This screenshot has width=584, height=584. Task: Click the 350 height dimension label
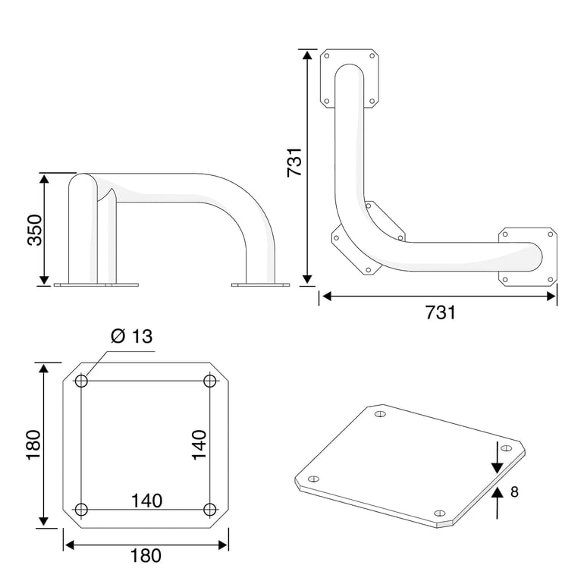click(x=35, y=230)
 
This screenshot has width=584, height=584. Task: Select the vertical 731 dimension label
click(x=294, y=162)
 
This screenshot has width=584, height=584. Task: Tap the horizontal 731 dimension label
click(x=440, y=312)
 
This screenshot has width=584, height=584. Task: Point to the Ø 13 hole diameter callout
click(x=132, y=336)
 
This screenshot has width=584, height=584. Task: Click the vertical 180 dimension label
click(x=33, y=445)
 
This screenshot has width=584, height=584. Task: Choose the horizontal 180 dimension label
click(x=146, y=556)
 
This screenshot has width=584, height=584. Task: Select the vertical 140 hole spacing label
click(x=199, y=445)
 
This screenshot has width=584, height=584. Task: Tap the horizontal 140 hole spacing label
click(x=146, y=501)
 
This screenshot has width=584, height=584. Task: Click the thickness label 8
click(x=514, y=492)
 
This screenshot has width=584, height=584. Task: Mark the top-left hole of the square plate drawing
click(x=81, y=381)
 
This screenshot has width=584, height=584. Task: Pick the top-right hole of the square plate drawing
click(x=210, y=381)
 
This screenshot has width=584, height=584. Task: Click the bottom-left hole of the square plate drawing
click(x=81, y=510)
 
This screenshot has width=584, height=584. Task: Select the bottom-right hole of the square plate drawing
click(x=210, y=510)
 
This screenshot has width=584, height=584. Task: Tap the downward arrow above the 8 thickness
click(x=498, y=458)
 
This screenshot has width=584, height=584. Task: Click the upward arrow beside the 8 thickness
click(x=498, y=503)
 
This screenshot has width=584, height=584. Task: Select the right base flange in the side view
click(x=260, y=285)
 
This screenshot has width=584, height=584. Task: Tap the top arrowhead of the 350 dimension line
click(x=44, y=179)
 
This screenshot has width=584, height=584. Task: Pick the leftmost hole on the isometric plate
click(x=314, y=479)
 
